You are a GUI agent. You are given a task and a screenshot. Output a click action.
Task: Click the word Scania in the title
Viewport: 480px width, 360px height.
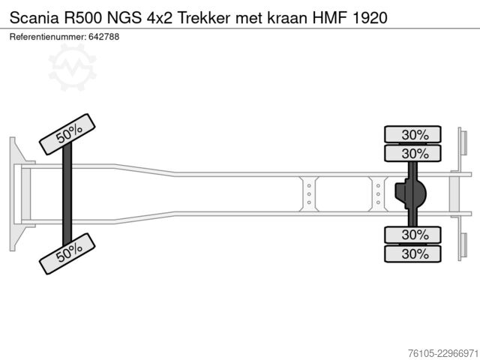[34, 18]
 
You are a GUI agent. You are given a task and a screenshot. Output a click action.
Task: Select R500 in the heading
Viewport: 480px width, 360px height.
[82, 18]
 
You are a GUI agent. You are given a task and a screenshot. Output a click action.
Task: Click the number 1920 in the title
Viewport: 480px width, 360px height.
[370, 18]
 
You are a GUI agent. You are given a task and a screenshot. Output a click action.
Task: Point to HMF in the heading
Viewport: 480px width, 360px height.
[330, 18]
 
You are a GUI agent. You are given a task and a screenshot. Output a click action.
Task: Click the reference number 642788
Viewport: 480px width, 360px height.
[103, 37]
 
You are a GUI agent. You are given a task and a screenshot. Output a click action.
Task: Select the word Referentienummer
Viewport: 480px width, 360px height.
[48, 37]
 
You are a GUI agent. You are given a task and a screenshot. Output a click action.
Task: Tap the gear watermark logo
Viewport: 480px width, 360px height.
[73, 67]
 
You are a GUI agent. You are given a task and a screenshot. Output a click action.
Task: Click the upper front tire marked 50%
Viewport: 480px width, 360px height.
[67, 134]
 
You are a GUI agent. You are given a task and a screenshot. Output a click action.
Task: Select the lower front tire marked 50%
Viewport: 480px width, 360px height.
[67, 253]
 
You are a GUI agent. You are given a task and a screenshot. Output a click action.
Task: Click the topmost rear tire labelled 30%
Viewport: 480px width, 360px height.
[412, 134]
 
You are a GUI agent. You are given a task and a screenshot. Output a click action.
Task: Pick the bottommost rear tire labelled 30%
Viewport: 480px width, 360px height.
[412, 253]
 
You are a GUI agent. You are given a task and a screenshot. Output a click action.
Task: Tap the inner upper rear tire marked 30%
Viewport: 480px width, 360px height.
[412, 153]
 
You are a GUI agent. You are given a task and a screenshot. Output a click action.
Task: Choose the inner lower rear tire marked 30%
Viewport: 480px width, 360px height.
[412, 235]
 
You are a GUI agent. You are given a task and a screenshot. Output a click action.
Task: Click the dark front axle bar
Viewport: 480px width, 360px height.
[67, 193]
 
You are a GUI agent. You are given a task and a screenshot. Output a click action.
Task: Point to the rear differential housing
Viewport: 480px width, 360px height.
[410, 193]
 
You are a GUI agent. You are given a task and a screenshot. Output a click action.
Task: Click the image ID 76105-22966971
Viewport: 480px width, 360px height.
[443, 353]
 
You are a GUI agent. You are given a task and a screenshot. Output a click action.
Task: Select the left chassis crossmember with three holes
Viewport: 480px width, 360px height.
[309, 194]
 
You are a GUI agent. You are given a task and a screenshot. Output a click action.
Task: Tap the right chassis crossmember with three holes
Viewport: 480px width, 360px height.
[378, 194]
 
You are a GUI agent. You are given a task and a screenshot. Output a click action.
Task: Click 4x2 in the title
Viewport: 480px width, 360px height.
[160, 18]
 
